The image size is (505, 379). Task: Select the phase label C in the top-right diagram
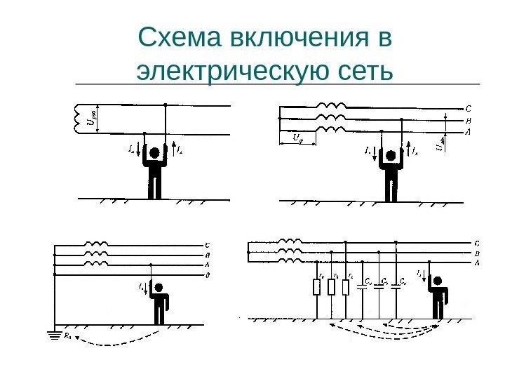(x=468, y=109)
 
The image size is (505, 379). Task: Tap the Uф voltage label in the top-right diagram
(x=296, y=139)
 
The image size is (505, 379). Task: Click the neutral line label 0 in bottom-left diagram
(x=207, y=275)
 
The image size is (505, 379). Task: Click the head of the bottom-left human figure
(x=160, y=287)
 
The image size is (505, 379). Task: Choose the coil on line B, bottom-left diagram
(x=96, y=254)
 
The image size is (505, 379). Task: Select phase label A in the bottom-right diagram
(x=478, y=262)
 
